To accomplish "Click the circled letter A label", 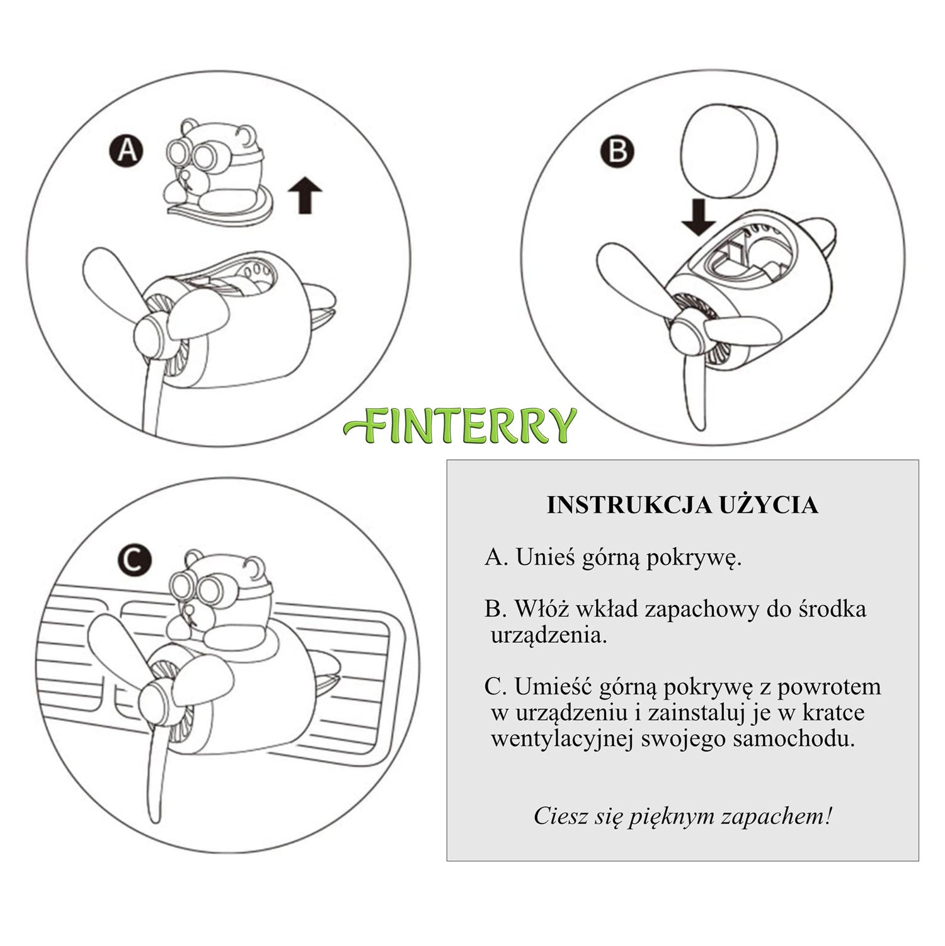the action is [x=126, y=151].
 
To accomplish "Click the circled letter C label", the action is [x=134, y=560].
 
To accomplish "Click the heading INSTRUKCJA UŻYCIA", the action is [x=682, y=505].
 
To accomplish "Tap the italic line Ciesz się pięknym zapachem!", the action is [x=683, y=817].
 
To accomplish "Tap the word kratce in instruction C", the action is [x=833, y=712].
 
